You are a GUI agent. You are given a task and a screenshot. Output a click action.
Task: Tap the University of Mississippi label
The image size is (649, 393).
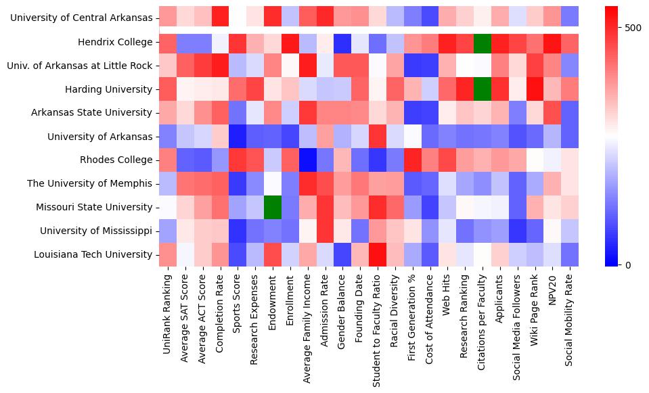coord(96,231)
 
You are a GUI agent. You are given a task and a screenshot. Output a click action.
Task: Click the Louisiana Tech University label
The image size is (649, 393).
coord(94,254)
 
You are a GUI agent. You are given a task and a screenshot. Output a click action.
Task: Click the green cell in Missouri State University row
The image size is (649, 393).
coord(273,207)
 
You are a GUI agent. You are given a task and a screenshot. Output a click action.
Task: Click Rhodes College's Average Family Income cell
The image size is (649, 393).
coord(308,160)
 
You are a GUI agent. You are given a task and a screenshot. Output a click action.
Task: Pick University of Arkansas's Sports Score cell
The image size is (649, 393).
coord(238,136)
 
